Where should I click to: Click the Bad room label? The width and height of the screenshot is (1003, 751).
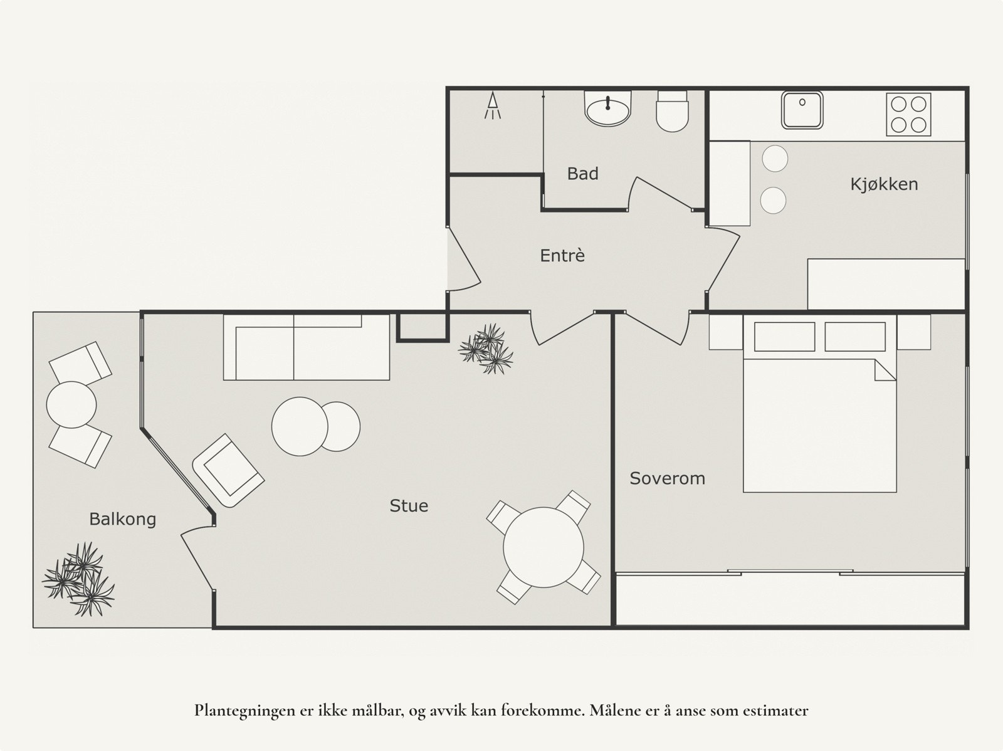(582, 174)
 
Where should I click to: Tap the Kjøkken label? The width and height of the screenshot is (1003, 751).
(884, 184)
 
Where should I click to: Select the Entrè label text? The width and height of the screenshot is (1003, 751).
(562, 255)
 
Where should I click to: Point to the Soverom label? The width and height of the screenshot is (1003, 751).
(667, 478)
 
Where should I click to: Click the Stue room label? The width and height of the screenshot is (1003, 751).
(409, 506)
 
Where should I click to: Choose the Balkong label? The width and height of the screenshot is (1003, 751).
(122, 520)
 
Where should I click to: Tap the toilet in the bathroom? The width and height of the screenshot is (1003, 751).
(672, 112)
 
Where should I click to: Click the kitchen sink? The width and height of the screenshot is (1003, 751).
(802, 110)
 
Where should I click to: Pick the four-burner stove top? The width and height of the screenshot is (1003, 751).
(908, 114)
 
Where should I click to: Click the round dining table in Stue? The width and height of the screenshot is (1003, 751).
(544, 547)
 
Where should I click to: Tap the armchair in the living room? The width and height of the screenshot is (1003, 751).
(228, 471)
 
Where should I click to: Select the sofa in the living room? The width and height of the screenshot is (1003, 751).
(306, 347)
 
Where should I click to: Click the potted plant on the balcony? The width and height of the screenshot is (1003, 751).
(78, 579)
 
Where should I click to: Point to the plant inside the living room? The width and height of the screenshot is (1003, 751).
(486, 349)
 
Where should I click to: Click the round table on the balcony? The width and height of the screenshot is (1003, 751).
(71, 405)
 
